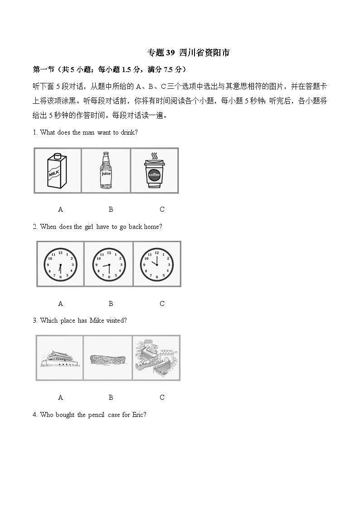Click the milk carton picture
(x=57, y=171)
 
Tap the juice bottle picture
(x=106, y=170)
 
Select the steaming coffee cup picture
(x=154, y=171)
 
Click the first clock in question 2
(x=60, y=264)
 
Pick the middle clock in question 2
(x=109, y=264)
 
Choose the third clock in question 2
(x=156, y=264)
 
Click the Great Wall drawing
(x=156, y=358)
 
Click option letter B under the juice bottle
(x=111, y=209)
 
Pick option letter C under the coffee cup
(x=162, y=209)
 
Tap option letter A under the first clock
(x=60, y=304)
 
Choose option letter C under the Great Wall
(x=162, y=398)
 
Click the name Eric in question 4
(x=137, y=415)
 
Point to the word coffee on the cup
(x=154, y=175)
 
